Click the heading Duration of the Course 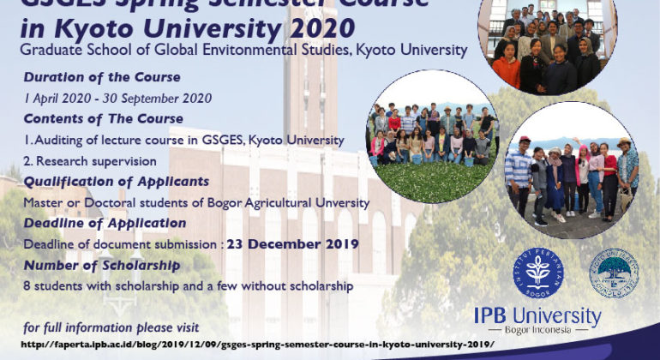pos(102,77)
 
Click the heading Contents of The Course pos(103,118)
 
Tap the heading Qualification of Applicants pos(117,181)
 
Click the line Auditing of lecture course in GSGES pos(184,140)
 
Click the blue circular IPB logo pos(538,273)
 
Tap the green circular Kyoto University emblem pos(613,273)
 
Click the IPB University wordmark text pos(537,316)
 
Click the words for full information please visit pos(111,327)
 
